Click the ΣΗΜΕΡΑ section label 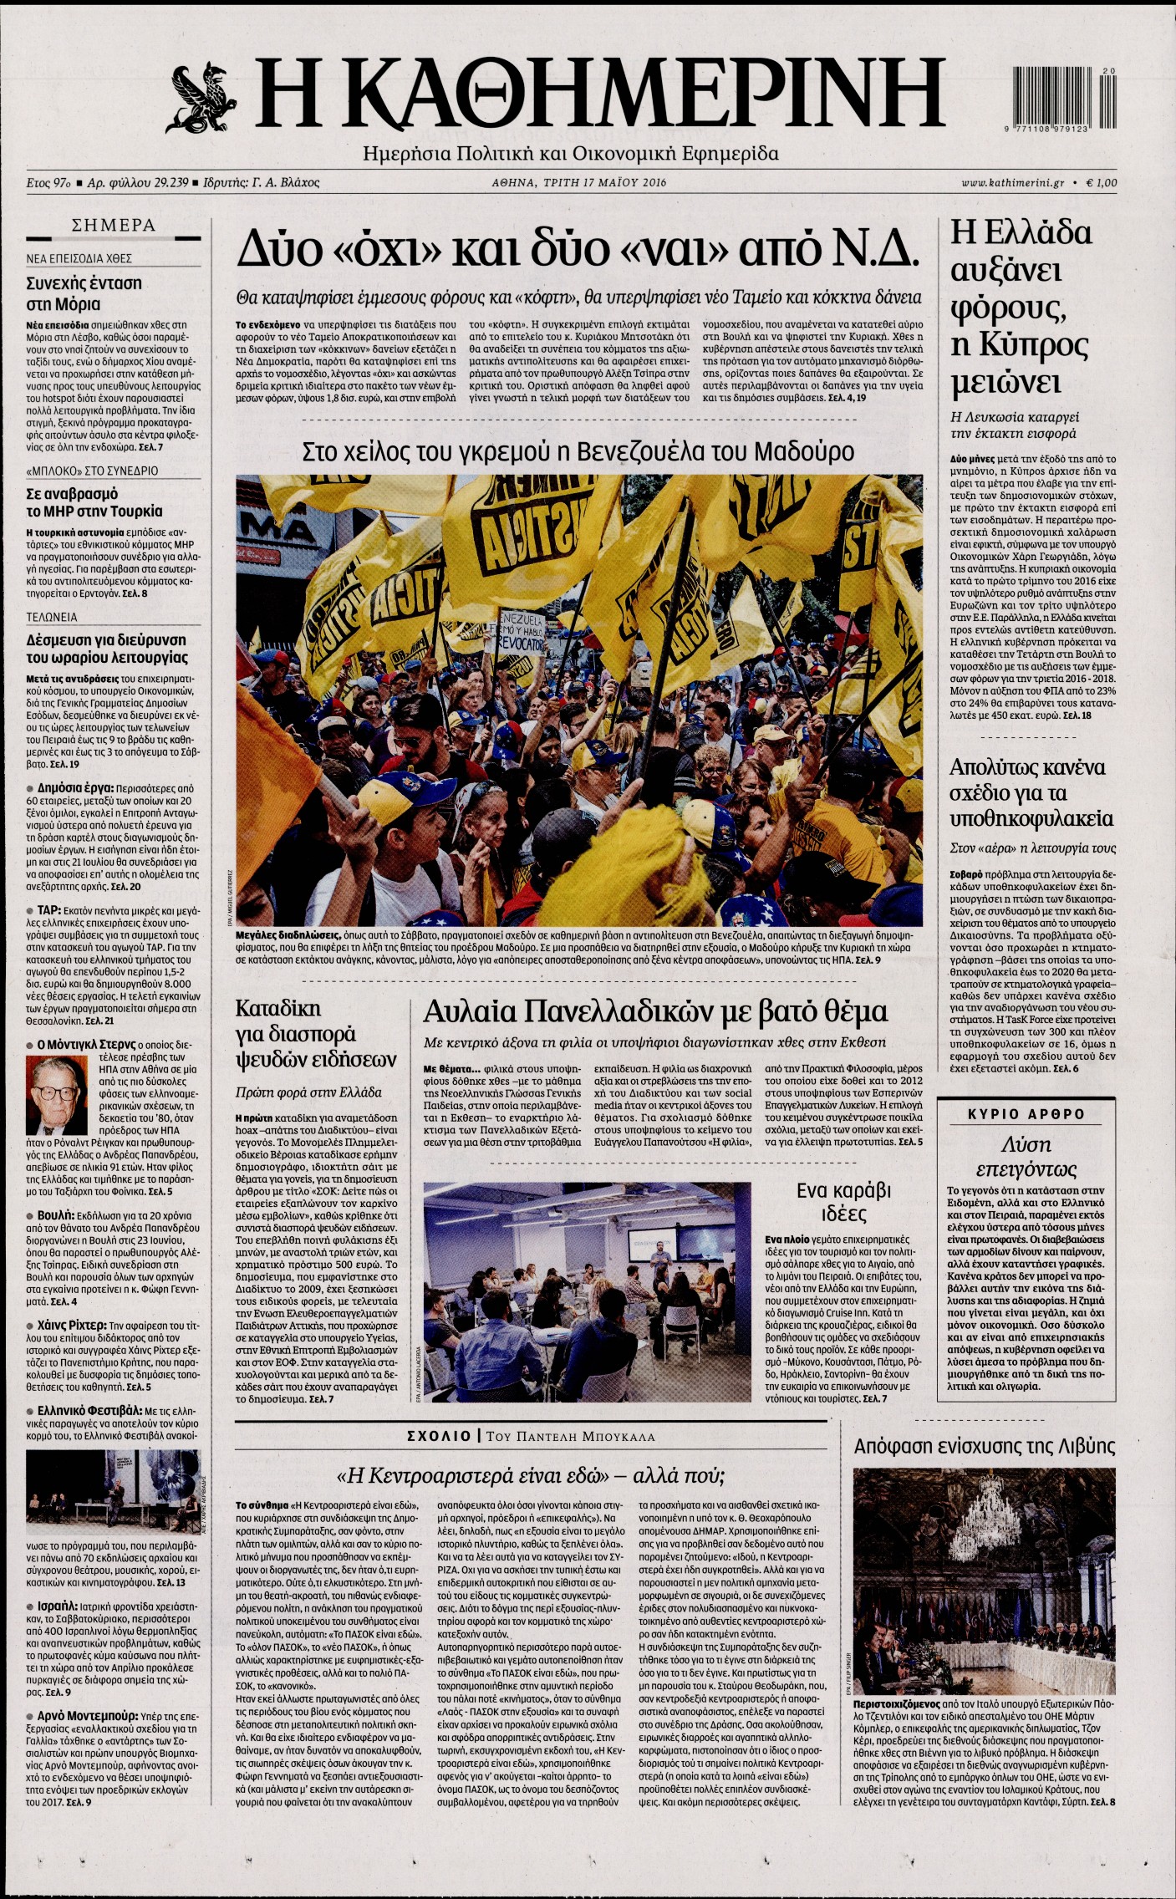[114, 225]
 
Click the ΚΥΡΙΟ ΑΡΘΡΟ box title [1026, 1114]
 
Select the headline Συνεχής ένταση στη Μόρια [84, 293]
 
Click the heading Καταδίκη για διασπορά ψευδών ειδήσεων [315, 1033]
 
